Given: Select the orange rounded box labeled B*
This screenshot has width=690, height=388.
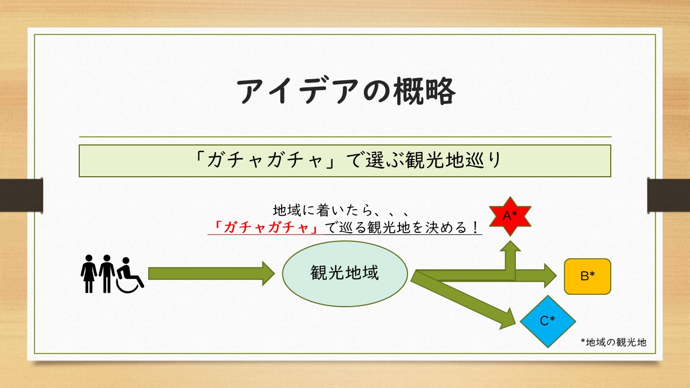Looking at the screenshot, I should pos(587,276).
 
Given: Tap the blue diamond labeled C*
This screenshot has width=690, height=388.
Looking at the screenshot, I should pos(548,321).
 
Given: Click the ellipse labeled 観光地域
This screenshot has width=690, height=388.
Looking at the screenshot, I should pos(345,273).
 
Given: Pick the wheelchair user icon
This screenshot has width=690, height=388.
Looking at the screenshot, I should pos(129,275).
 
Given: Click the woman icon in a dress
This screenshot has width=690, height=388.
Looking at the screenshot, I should pos(88,274).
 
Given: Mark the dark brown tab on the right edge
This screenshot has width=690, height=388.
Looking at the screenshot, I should pos(668,194).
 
